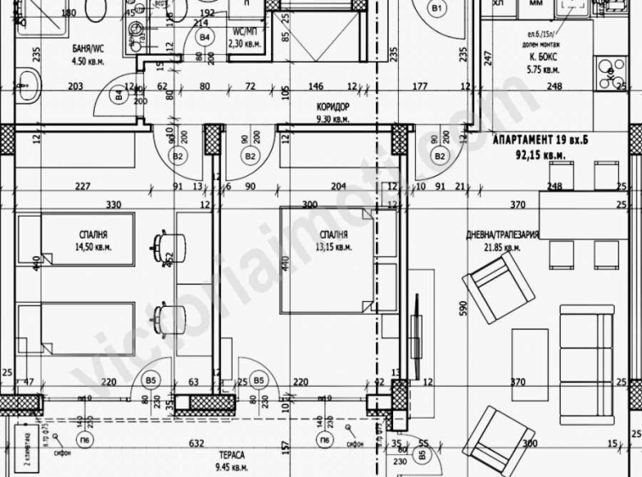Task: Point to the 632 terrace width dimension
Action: click(196, 442)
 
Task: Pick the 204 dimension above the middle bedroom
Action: click(338, 187)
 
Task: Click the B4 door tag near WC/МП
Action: click(203, 37)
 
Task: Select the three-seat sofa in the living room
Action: click(595, 347)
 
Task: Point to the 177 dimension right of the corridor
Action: click(420, 86)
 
